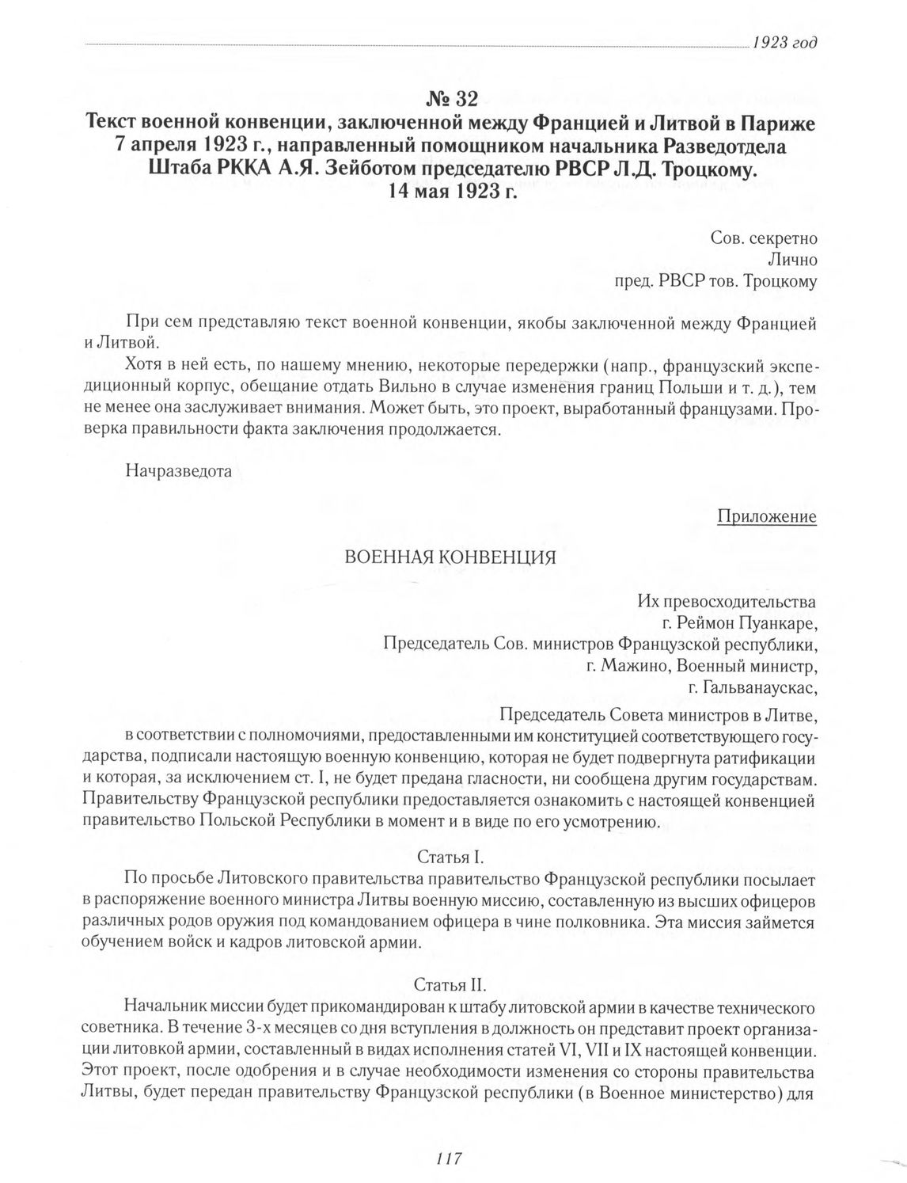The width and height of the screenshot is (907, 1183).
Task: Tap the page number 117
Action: click(448, 1158)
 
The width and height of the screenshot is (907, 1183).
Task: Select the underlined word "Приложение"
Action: click(766, 516)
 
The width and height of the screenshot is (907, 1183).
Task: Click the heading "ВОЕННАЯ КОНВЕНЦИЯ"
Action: click(449, 557)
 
